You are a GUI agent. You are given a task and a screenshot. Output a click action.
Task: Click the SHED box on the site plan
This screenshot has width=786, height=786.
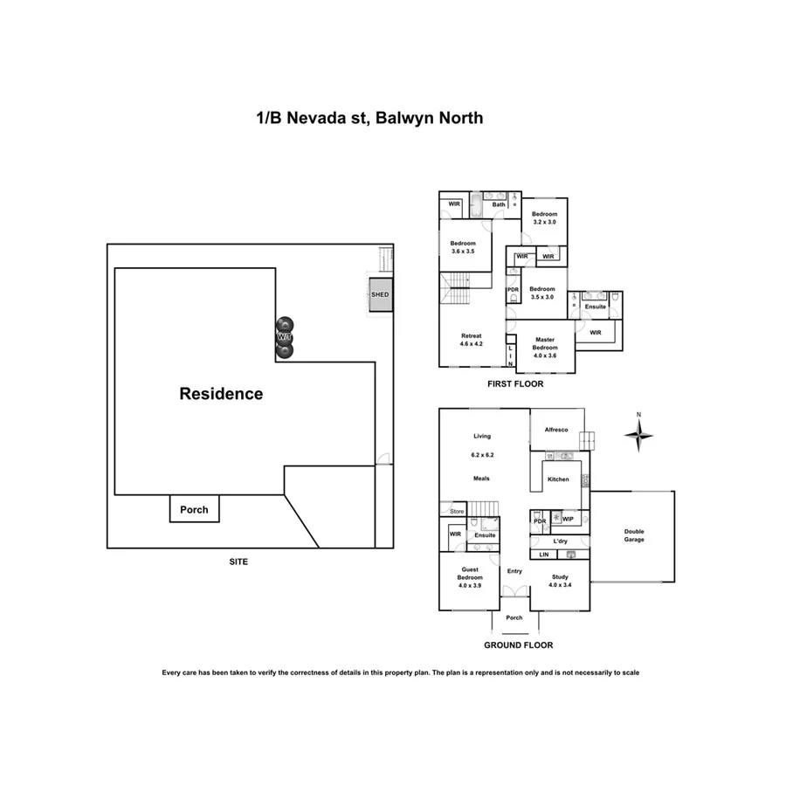[380, 295]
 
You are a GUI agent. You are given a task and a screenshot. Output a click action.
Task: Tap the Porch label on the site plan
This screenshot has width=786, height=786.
[194, 509]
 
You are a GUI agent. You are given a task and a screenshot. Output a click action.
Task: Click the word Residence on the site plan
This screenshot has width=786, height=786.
[221, 394]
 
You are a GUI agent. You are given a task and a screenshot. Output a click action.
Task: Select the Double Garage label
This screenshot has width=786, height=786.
[634, 535]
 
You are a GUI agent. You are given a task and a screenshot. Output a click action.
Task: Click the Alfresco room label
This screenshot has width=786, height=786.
[556, 430]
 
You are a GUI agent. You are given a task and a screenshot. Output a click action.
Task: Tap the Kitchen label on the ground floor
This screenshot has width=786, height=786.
[558, 479]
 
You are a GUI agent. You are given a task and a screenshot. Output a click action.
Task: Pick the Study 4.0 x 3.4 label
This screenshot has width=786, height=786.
[560, 579]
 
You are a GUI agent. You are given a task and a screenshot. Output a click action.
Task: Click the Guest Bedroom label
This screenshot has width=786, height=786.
[470, 577]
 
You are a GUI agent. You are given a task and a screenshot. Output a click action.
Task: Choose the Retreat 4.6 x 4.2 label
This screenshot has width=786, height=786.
[472, 340]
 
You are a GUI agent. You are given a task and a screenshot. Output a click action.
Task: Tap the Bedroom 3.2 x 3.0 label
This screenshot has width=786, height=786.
[544, 217]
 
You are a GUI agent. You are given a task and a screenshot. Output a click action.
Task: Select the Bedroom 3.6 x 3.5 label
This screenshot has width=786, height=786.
[463, 247]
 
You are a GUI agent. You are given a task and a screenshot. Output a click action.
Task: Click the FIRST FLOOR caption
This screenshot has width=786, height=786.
[515, 383]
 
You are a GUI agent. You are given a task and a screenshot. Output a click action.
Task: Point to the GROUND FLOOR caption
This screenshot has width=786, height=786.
[519, 645]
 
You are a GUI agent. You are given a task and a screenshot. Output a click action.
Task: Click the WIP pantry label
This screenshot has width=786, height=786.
[568, 520]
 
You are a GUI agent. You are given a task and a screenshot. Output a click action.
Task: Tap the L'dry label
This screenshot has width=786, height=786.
[561, 541]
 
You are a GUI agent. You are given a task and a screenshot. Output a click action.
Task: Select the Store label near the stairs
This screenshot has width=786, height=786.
[456, 511]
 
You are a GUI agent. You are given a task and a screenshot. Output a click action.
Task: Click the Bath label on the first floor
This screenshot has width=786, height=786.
[498, 205]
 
